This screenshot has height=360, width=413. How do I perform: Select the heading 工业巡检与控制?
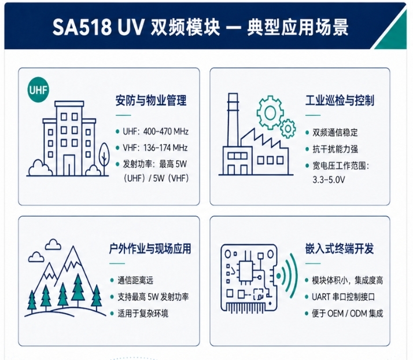340,101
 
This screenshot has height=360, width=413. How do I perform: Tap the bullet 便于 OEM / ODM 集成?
347,313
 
